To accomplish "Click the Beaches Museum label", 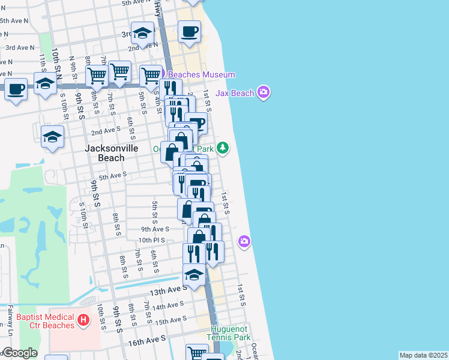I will (x=201, y=74).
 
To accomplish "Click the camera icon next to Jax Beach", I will (x=262, y=92).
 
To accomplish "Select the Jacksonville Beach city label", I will (x=112, y=153).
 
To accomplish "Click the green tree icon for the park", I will (x=223, y=148).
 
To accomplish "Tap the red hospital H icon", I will (x=83, y=321).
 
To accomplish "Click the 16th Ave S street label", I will (x=146, y=340).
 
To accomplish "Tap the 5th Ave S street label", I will (x=113, y=176).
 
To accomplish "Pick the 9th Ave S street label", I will (x=155, y=229).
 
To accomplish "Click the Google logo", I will (x=19, y=353).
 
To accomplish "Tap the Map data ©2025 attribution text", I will (x=423, y=355).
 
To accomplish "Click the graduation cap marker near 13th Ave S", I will (x=194, y=275).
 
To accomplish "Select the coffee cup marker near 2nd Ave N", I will (x=190, y=32).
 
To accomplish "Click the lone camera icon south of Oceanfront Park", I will (x=244, y=241).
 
